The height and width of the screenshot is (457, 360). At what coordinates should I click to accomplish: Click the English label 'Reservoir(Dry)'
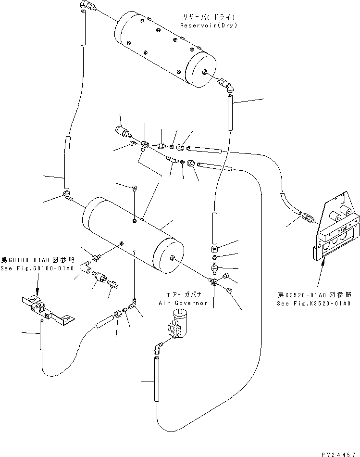tap(209, 25)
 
